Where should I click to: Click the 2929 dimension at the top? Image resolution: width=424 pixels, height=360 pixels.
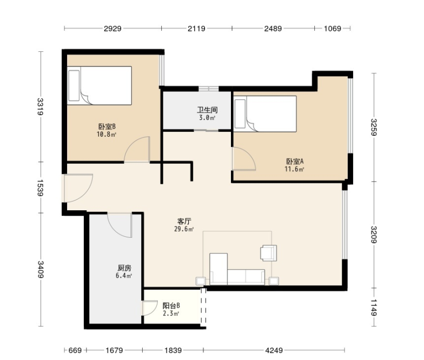[x=112, y=28]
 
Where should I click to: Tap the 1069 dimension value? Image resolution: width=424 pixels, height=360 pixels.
[x=332, y=28]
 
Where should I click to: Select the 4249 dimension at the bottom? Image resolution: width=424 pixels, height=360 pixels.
[x=274, y=350]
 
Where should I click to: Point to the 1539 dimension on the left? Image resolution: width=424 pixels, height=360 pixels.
[x=40, y=188]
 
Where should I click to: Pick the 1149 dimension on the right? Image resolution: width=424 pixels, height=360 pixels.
[x=373, y=307]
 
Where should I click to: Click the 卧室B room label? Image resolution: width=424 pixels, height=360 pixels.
[x=107, y=126]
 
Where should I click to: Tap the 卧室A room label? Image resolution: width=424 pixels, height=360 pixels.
[x=295, y=161]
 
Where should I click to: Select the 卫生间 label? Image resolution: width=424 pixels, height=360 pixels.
[x=207, y=110]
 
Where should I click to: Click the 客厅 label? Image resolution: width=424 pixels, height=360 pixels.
[x=184, y=222]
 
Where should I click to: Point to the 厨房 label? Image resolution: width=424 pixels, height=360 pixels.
[x=124, y=268]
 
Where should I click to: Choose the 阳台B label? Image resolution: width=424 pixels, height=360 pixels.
[x=171, y=306]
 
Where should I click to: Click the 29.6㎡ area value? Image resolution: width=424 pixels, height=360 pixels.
[x=184, y=229]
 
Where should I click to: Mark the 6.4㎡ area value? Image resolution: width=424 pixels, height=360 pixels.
[x=123, y=276]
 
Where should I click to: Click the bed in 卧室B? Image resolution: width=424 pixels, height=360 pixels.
[x=100, y=85]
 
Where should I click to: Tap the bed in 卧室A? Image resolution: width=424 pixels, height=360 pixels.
[x=265, y=114]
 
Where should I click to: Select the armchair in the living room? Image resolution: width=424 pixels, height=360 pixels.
[x=268, y=253]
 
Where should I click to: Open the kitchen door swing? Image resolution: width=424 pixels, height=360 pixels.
[x=120, y=225]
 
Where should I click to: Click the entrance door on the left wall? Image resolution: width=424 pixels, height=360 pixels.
[x=77, y=188]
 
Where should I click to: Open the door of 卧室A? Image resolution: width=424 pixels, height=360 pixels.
[x=244, y=159]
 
